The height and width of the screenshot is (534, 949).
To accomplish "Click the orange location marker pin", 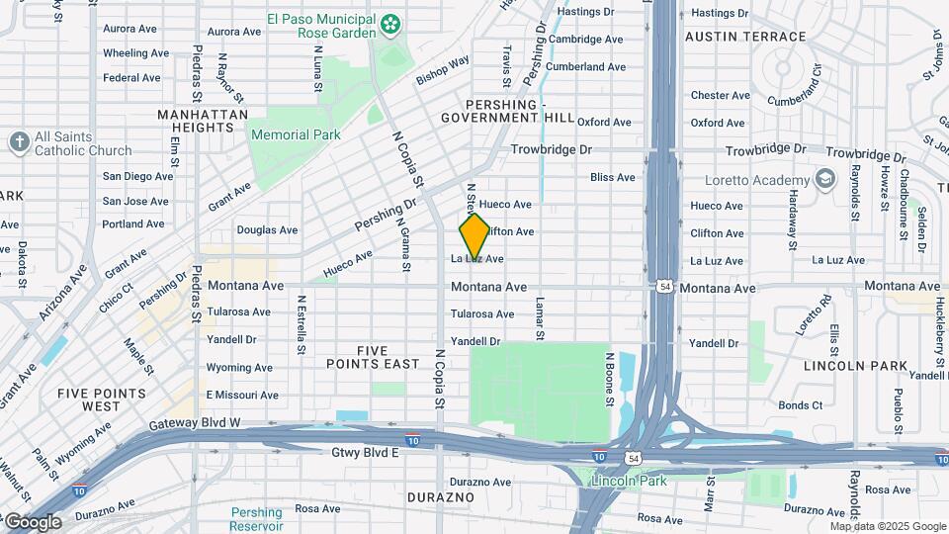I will tap(474, 234).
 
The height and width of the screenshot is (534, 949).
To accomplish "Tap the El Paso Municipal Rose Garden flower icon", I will tap(391, 22).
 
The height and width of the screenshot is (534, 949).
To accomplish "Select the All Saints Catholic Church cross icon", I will tap(19, 142).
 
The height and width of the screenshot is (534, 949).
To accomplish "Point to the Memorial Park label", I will tap(296, 134).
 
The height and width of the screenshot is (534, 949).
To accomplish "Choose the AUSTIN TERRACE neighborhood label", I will tap(745, 37).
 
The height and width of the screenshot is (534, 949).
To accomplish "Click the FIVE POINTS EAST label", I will tap(374, 357).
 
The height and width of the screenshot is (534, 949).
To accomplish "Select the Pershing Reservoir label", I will tap(256, 519).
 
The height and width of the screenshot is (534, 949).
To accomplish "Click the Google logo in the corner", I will tap(33, 522).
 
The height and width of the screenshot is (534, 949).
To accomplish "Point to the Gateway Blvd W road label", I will tap(196, 424).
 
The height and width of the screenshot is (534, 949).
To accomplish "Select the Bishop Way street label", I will tap(442, 68).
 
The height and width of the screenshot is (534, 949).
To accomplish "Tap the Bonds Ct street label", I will tap(800, 405).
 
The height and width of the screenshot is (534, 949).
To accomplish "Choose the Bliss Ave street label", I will tap(612, 177).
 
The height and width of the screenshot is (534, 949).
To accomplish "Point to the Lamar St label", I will tap(541, 319).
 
